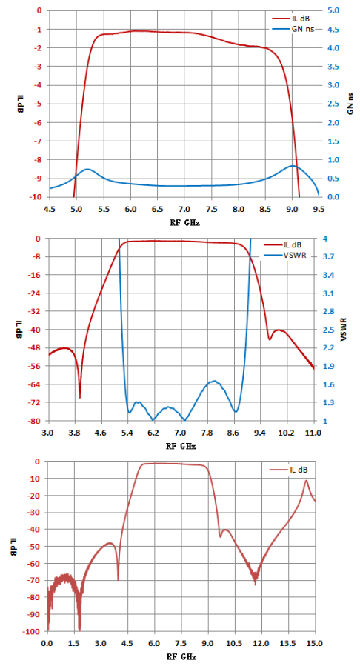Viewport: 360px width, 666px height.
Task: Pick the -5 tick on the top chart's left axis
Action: click(41, 104)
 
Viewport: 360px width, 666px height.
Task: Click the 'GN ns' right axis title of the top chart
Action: click(350, 104)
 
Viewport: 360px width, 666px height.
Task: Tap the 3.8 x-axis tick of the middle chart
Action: click(75, 433)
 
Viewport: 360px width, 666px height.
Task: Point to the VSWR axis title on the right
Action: click(344, 329)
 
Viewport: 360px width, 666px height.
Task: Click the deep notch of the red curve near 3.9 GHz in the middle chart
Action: click(80, 397)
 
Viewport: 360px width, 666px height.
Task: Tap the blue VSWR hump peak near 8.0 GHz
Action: click(215, 381)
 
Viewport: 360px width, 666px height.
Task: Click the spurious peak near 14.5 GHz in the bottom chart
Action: click(306, 480)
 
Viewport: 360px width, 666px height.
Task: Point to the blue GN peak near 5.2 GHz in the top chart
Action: click(87, 169)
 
